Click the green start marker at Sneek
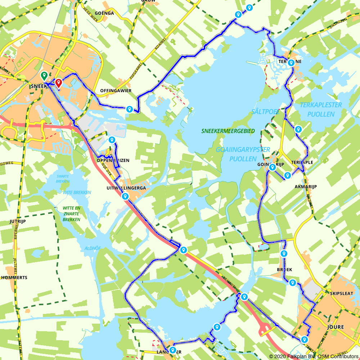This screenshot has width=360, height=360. tap(44, 76)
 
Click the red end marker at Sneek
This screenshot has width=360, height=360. tap(58, 83)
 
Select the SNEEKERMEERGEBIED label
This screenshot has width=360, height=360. tap(228, 131)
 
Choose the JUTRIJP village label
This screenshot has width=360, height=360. tap(18, 221)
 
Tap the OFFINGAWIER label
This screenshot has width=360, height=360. tap(116, 91)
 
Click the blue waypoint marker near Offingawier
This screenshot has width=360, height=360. tap(129, 109)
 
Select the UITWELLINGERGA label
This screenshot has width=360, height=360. tap(126, 188)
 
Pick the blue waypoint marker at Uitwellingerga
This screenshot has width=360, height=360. tap(125, 196)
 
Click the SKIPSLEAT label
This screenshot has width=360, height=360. tap(341, 293)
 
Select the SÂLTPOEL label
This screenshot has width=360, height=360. tap(266, 112)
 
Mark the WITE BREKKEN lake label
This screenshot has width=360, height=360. tap(77, 193)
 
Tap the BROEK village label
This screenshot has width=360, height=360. tap(284, 270)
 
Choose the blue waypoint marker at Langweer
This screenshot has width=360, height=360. tap(172, 350)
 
